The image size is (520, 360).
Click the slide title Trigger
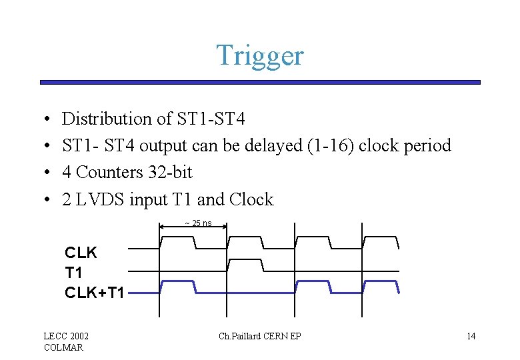(x=259, y=55)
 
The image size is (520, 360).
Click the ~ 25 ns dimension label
(x=197, y=223)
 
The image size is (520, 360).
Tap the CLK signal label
(x=81, y=253)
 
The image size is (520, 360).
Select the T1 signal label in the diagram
(x=73, y=273)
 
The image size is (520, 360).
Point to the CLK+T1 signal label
(x=94, y=292)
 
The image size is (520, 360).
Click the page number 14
(x=471, y=336)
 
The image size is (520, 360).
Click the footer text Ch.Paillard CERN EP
(x=259, y=336)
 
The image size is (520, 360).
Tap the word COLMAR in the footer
(x=63, y=347)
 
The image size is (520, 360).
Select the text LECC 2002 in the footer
(x=66, y=336)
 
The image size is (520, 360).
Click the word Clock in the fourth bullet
(x=251, y=199)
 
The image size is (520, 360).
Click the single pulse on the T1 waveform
(x=245, y=264)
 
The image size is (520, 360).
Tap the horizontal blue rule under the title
(x=259, y=83)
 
